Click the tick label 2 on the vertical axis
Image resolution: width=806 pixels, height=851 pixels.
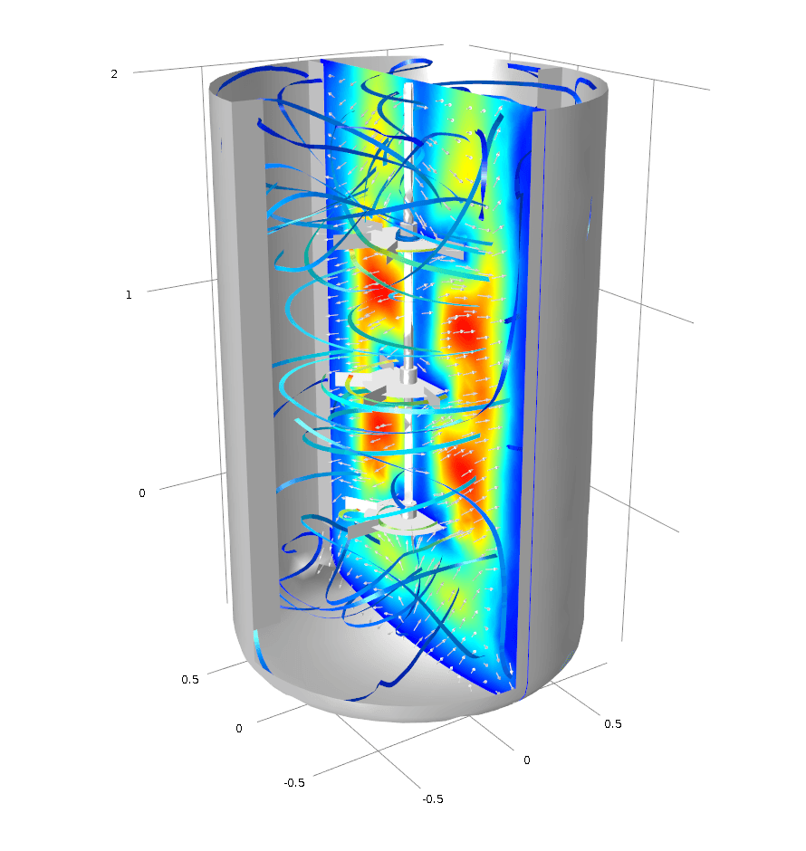coord(114,74)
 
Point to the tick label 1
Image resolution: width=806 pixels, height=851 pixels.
coord(129,295)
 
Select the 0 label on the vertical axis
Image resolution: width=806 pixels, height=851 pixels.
coord(142,492)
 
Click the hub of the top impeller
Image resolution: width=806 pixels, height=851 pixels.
coord(407,233)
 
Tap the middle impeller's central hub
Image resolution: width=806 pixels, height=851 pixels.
coord(408,376)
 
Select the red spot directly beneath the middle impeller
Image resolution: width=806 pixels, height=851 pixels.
coord(379,430)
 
